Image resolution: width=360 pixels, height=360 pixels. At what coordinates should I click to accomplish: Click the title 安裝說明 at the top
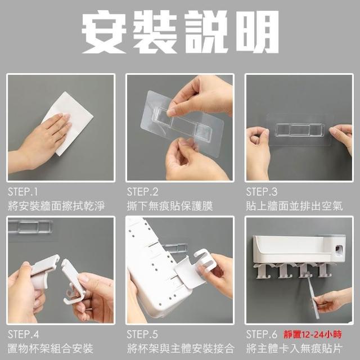click(x=180, y=32)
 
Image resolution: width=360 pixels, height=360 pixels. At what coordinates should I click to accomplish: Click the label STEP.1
click(x=22, y=192)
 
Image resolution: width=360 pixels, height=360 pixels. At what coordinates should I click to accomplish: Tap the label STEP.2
click(x=142, y=192)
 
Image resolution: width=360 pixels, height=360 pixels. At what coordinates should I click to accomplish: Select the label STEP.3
click(x=262, y=192)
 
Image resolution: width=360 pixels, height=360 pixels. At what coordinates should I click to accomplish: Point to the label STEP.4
click(x=24, y=335)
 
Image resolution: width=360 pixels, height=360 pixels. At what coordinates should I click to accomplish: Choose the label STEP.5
click(x=142, y=335)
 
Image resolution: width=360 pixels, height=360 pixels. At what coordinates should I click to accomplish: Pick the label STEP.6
click(x=262, y=335)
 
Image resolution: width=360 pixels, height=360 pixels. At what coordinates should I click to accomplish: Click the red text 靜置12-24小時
click(x=313, y=335)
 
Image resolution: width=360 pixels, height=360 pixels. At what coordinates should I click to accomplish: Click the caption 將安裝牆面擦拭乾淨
click(x=56, y=206)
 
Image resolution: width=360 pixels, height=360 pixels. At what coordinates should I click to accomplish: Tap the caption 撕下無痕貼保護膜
click(x=170, y=206)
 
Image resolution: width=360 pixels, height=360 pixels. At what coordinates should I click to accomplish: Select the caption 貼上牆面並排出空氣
click(x=294, y=206)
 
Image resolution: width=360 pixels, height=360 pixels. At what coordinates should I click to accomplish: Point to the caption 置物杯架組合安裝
click(x=51, y=348)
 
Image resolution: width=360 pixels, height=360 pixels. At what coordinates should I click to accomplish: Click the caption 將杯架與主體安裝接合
click(x=181, y=348)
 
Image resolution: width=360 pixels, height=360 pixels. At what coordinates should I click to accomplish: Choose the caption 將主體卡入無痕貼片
click(x=294, y=348)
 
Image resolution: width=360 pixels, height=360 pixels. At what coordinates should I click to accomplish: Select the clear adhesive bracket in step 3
click(x=300, y=130)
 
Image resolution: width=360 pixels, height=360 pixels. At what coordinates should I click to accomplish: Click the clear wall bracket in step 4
click(x=30, y=227)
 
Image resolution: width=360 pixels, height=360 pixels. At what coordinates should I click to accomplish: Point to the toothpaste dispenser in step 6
click(x=339, y=249)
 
